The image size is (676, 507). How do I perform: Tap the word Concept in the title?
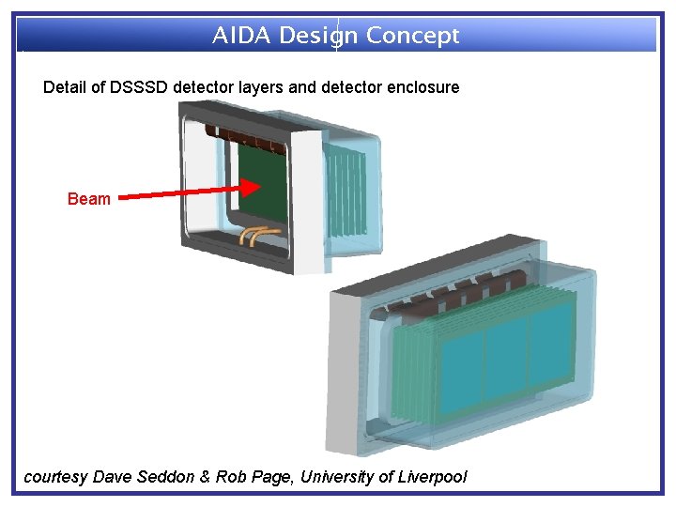click(412, 36)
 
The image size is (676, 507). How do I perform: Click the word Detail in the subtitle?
click(65, 87)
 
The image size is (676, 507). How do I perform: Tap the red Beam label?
click(89, 199)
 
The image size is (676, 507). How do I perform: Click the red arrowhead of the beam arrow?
click(249, 188)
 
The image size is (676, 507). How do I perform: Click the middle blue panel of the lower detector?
click(507, 351)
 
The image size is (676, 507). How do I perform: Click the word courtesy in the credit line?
click(55, 477)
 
